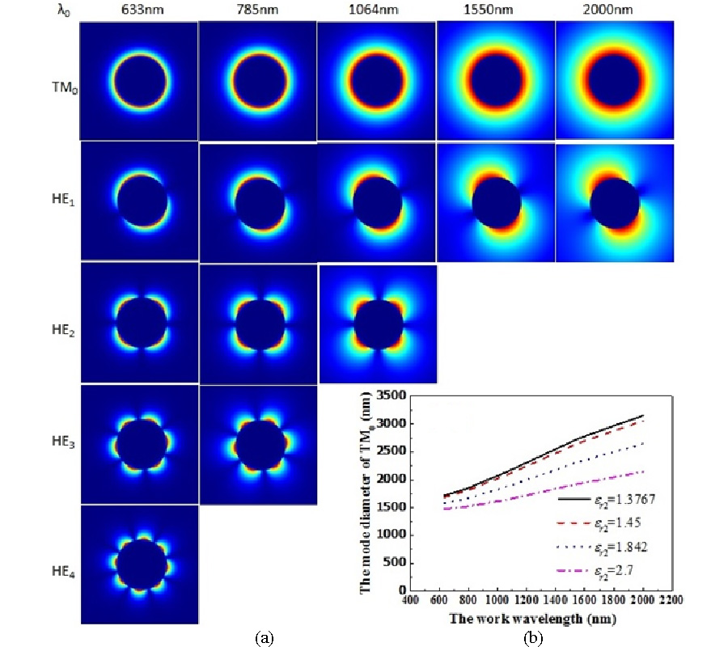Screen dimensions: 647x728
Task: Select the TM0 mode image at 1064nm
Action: point(376,81)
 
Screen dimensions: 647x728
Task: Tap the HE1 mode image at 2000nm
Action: point(615,202)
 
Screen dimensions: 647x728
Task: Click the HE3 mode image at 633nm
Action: point(139,444)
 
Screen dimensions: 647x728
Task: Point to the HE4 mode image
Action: point(139,564)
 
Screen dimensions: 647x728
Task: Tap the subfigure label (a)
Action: point(264,638)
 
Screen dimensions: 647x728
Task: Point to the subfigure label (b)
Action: point(533,638)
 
